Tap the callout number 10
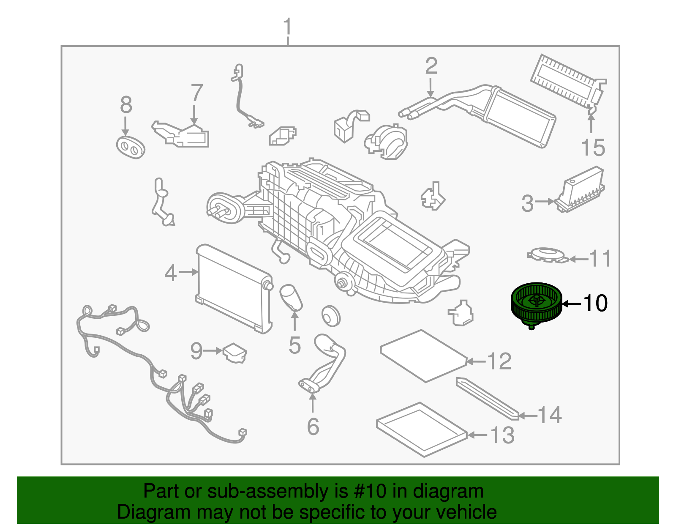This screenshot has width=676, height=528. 595,303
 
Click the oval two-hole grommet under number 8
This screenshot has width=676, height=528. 131,147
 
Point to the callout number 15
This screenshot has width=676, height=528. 593,148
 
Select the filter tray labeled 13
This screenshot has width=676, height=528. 421,429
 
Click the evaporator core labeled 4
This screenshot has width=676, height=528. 233,288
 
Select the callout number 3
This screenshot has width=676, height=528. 527,203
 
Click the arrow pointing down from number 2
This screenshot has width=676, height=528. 431,89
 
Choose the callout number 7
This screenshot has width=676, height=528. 196,93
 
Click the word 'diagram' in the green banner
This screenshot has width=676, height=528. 448,491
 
